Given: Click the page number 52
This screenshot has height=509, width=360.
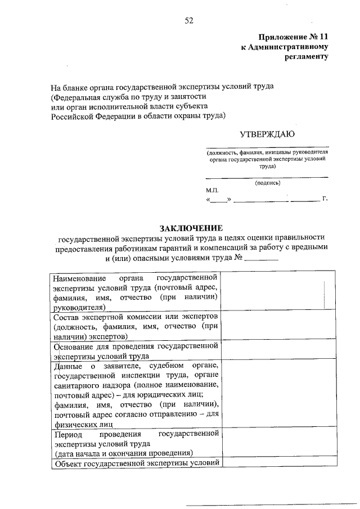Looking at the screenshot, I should (x=188, y=21).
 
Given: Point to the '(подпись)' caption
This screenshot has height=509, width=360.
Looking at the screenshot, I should (x=267, y=183).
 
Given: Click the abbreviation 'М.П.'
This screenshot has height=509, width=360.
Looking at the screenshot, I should (x=213, y=191).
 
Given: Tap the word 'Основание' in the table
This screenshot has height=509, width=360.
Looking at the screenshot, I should (x=70, y=346).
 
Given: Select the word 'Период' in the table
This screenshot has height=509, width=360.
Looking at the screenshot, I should (x=66, y=434).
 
